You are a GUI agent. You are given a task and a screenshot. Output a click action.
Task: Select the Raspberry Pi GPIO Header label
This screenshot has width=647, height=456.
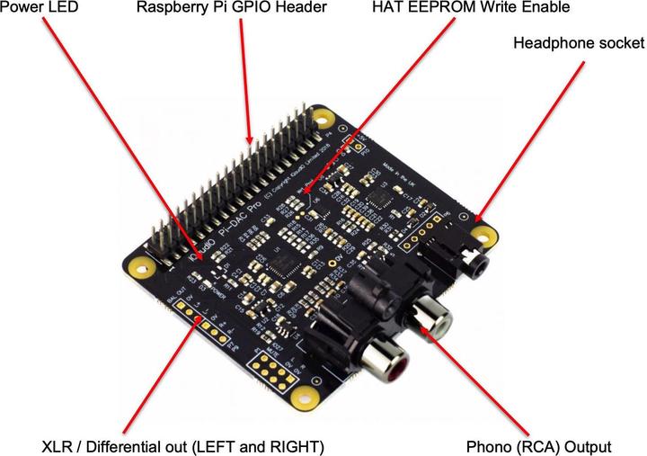pos(231,8)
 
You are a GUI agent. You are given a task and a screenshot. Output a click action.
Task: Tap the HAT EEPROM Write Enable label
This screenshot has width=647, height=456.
pos(471,8)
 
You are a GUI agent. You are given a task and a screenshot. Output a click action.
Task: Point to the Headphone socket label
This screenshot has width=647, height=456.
pos(578,42)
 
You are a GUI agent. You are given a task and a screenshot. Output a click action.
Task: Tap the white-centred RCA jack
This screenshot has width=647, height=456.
pos(429,318)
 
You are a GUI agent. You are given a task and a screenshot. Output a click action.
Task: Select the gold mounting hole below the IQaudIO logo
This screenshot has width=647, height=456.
pos(139,268)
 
